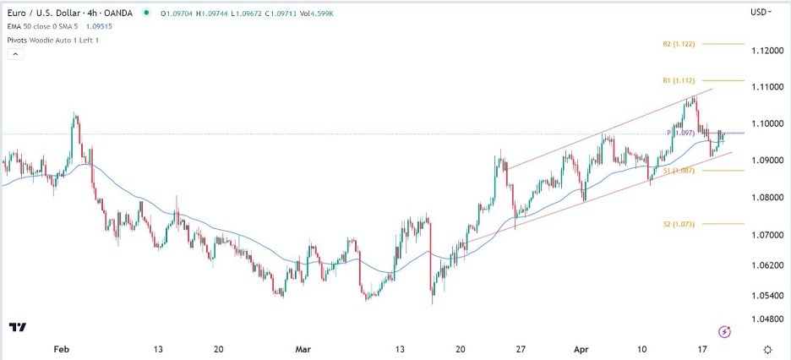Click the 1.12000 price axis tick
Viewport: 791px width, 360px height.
point(766,51)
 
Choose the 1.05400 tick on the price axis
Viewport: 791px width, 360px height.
point(766,296)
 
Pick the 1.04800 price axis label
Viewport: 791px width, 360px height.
point(766,319)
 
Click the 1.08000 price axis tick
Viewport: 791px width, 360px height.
point(766,198)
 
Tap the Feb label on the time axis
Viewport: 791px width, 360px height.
point(60,347)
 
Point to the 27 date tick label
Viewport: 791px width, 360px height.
point(521,347)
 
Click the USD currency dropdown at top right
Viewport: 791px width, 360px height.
point(761,13)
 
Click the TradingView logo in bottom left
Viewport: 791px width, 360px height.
point(17,327)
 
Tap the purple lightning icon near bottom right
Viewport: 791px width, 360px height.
point(723,330)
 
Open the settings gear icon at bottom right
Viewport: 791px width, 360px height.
point(766,348)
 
